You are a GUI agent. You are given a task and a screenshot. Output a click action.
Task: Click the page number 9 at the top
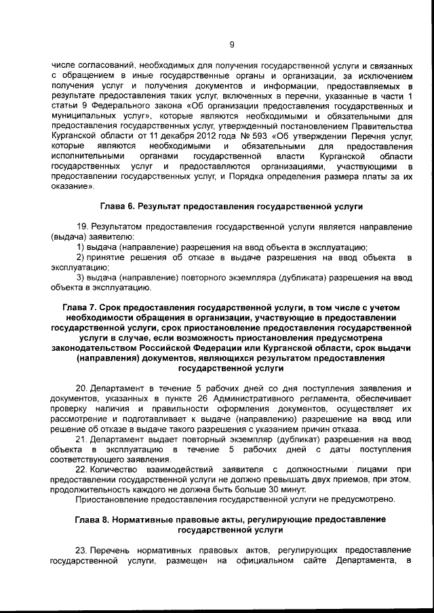coord(231,45)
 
